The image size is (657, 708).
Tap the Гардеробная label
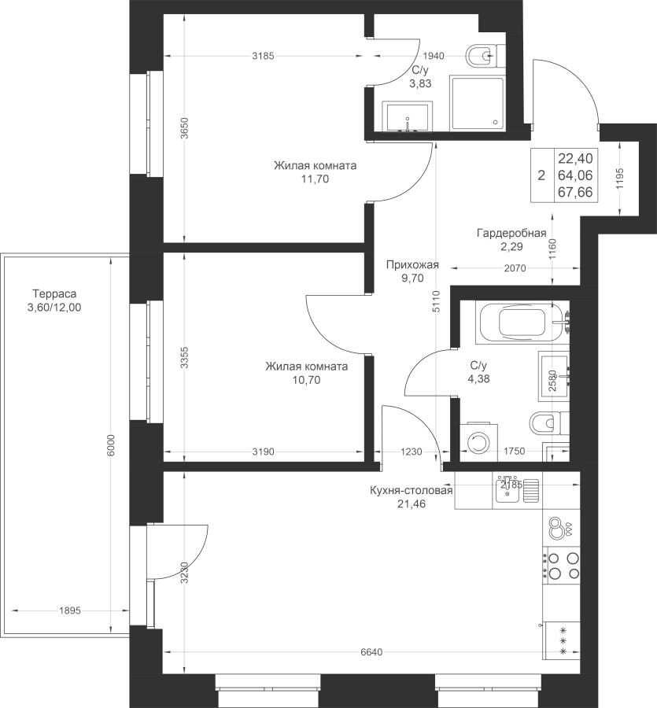[511, 234]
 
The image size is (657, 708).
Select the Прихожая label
[412, 266]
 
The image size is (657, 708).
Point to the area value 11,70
[315, 179]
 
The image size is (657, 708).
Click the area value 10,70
[306, 379]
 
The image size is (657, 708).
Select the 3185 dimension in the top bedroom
[263, 56]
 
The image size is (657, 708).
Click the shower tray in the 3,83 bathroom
[477, 105]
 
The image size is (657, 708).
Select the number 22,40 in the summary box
[575, 157]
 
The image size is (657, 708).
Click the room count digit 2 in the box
[541, 175]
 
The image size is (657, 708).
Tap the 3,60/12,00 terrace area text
[54, 308]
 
